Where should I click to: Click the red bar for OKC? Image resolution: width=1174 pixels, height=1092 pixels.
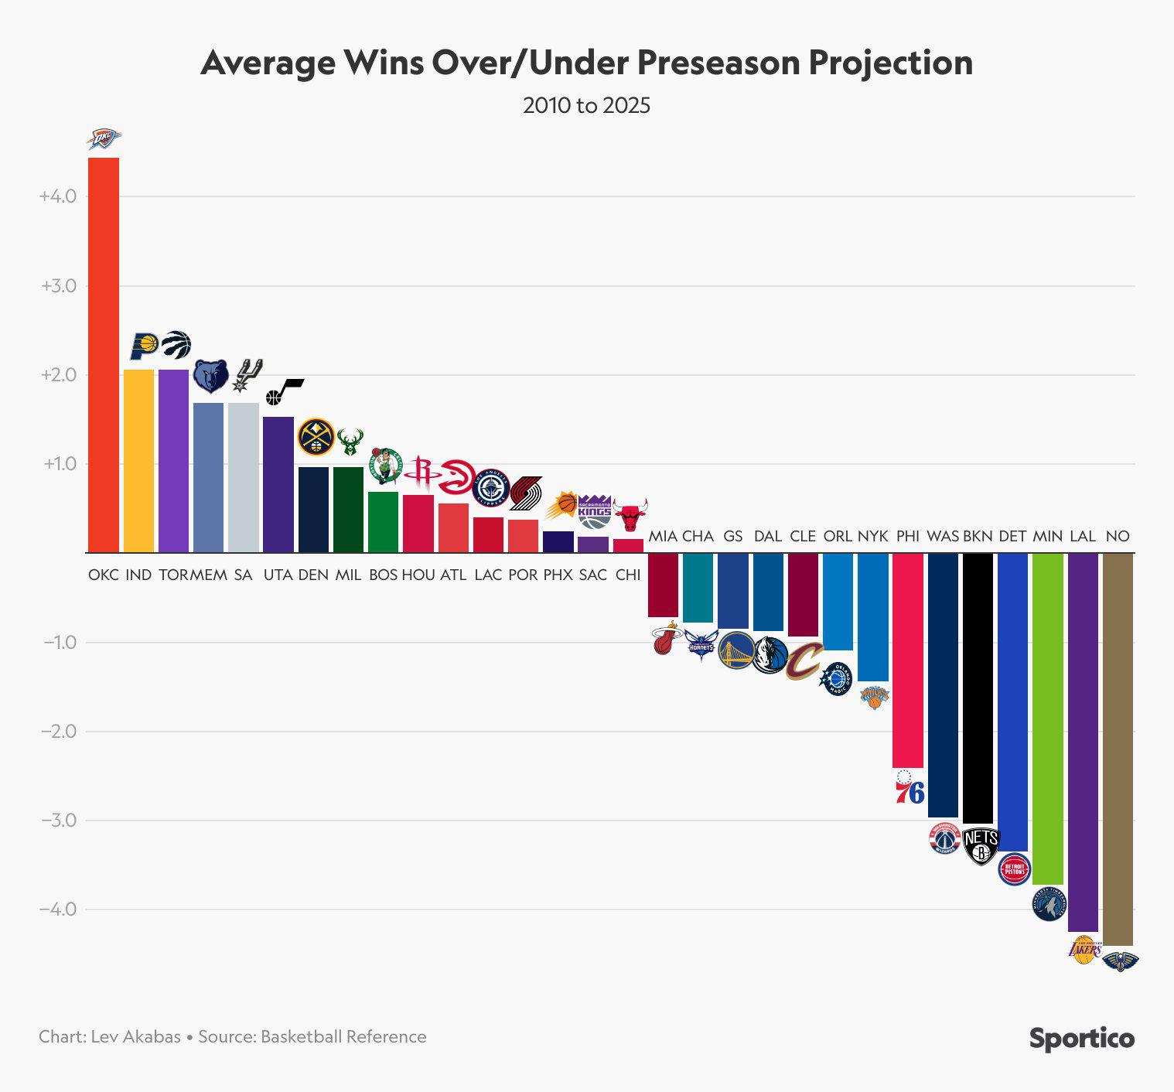(104, 355)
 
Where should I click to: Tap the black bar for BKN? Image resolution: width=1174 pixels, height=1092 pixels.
(978, 688)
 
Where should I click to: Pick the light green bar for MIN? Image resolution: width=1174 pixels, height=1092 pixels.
(1048, 718)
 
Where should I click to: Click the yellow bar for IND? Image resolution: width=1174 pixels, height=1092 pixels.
(138, 461)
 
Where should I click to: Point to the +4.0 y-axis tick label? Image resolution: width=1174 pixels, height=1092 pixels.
(58, 196)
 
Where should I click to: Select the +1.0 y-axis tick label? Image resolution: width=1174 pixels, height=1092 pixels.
(60, 464)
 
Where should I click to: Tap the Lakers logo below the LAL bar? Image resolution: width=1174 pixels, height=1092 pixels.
(1084, 950)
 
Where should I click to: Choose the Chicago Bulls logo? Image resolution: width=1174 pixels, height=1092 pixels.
(630, 514)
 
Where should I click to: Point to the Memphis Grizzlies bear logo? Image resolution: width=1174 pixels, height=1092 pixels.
(210, 376)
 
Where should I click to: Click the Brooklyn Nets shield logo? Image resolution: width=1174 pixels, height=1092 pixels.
(981, 846)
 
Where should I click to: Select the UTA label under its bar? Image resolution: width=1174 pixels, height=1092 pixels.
(278, 575)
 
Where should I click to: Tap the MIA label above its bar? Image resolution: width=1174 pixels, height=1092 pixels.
(663, 536)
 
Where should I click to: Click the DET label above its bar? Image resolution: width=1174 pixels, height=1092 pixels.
(1012, 536)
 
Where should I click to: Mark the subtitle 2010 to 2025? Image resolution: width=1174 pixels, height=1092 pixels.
(586, 105)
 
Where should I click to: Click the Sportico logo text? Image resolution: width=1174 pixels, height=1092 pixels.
(1081, 1038)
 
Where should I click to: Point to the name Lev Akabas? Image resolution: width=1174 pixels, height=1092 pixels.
(135, 1036)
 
